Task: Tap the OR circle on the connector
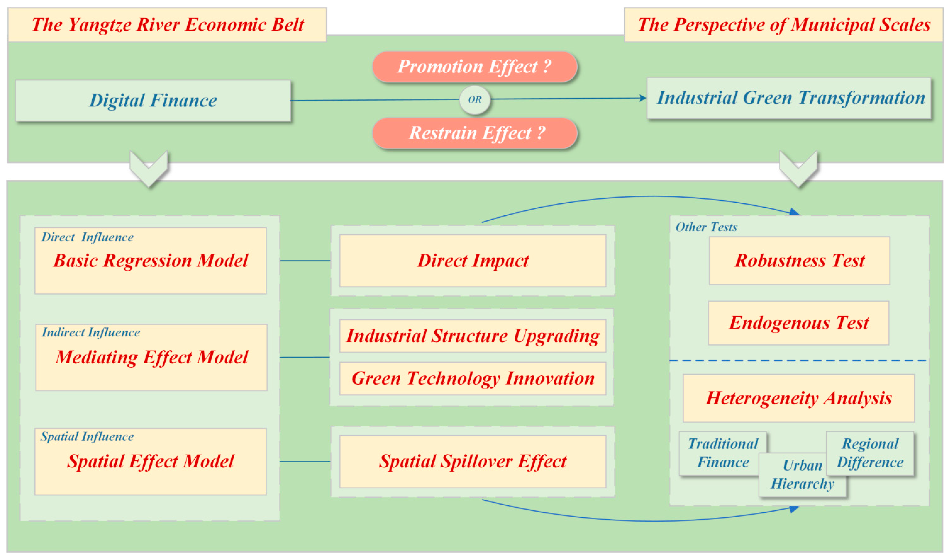click(x=475, y=100)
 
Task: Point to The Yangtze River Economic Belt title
click(x=167, y=25)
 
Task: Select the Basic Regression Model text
click(x=151, y=261)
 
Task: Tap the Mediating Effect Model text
click(x=151, y=357)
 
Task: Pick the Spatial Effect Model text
click(x=151, y=462)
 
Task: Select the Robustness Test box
click(x=799, y=261)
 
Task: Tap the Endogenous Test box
click(x=799, y=323)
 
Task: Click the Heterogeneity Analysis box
click(x=799, y=398)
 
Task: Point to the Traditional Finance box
click(x=722, y=453)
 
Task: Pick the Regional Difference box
click(x=870, y=453)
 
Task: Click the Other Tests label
click(x=706, y=227)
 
